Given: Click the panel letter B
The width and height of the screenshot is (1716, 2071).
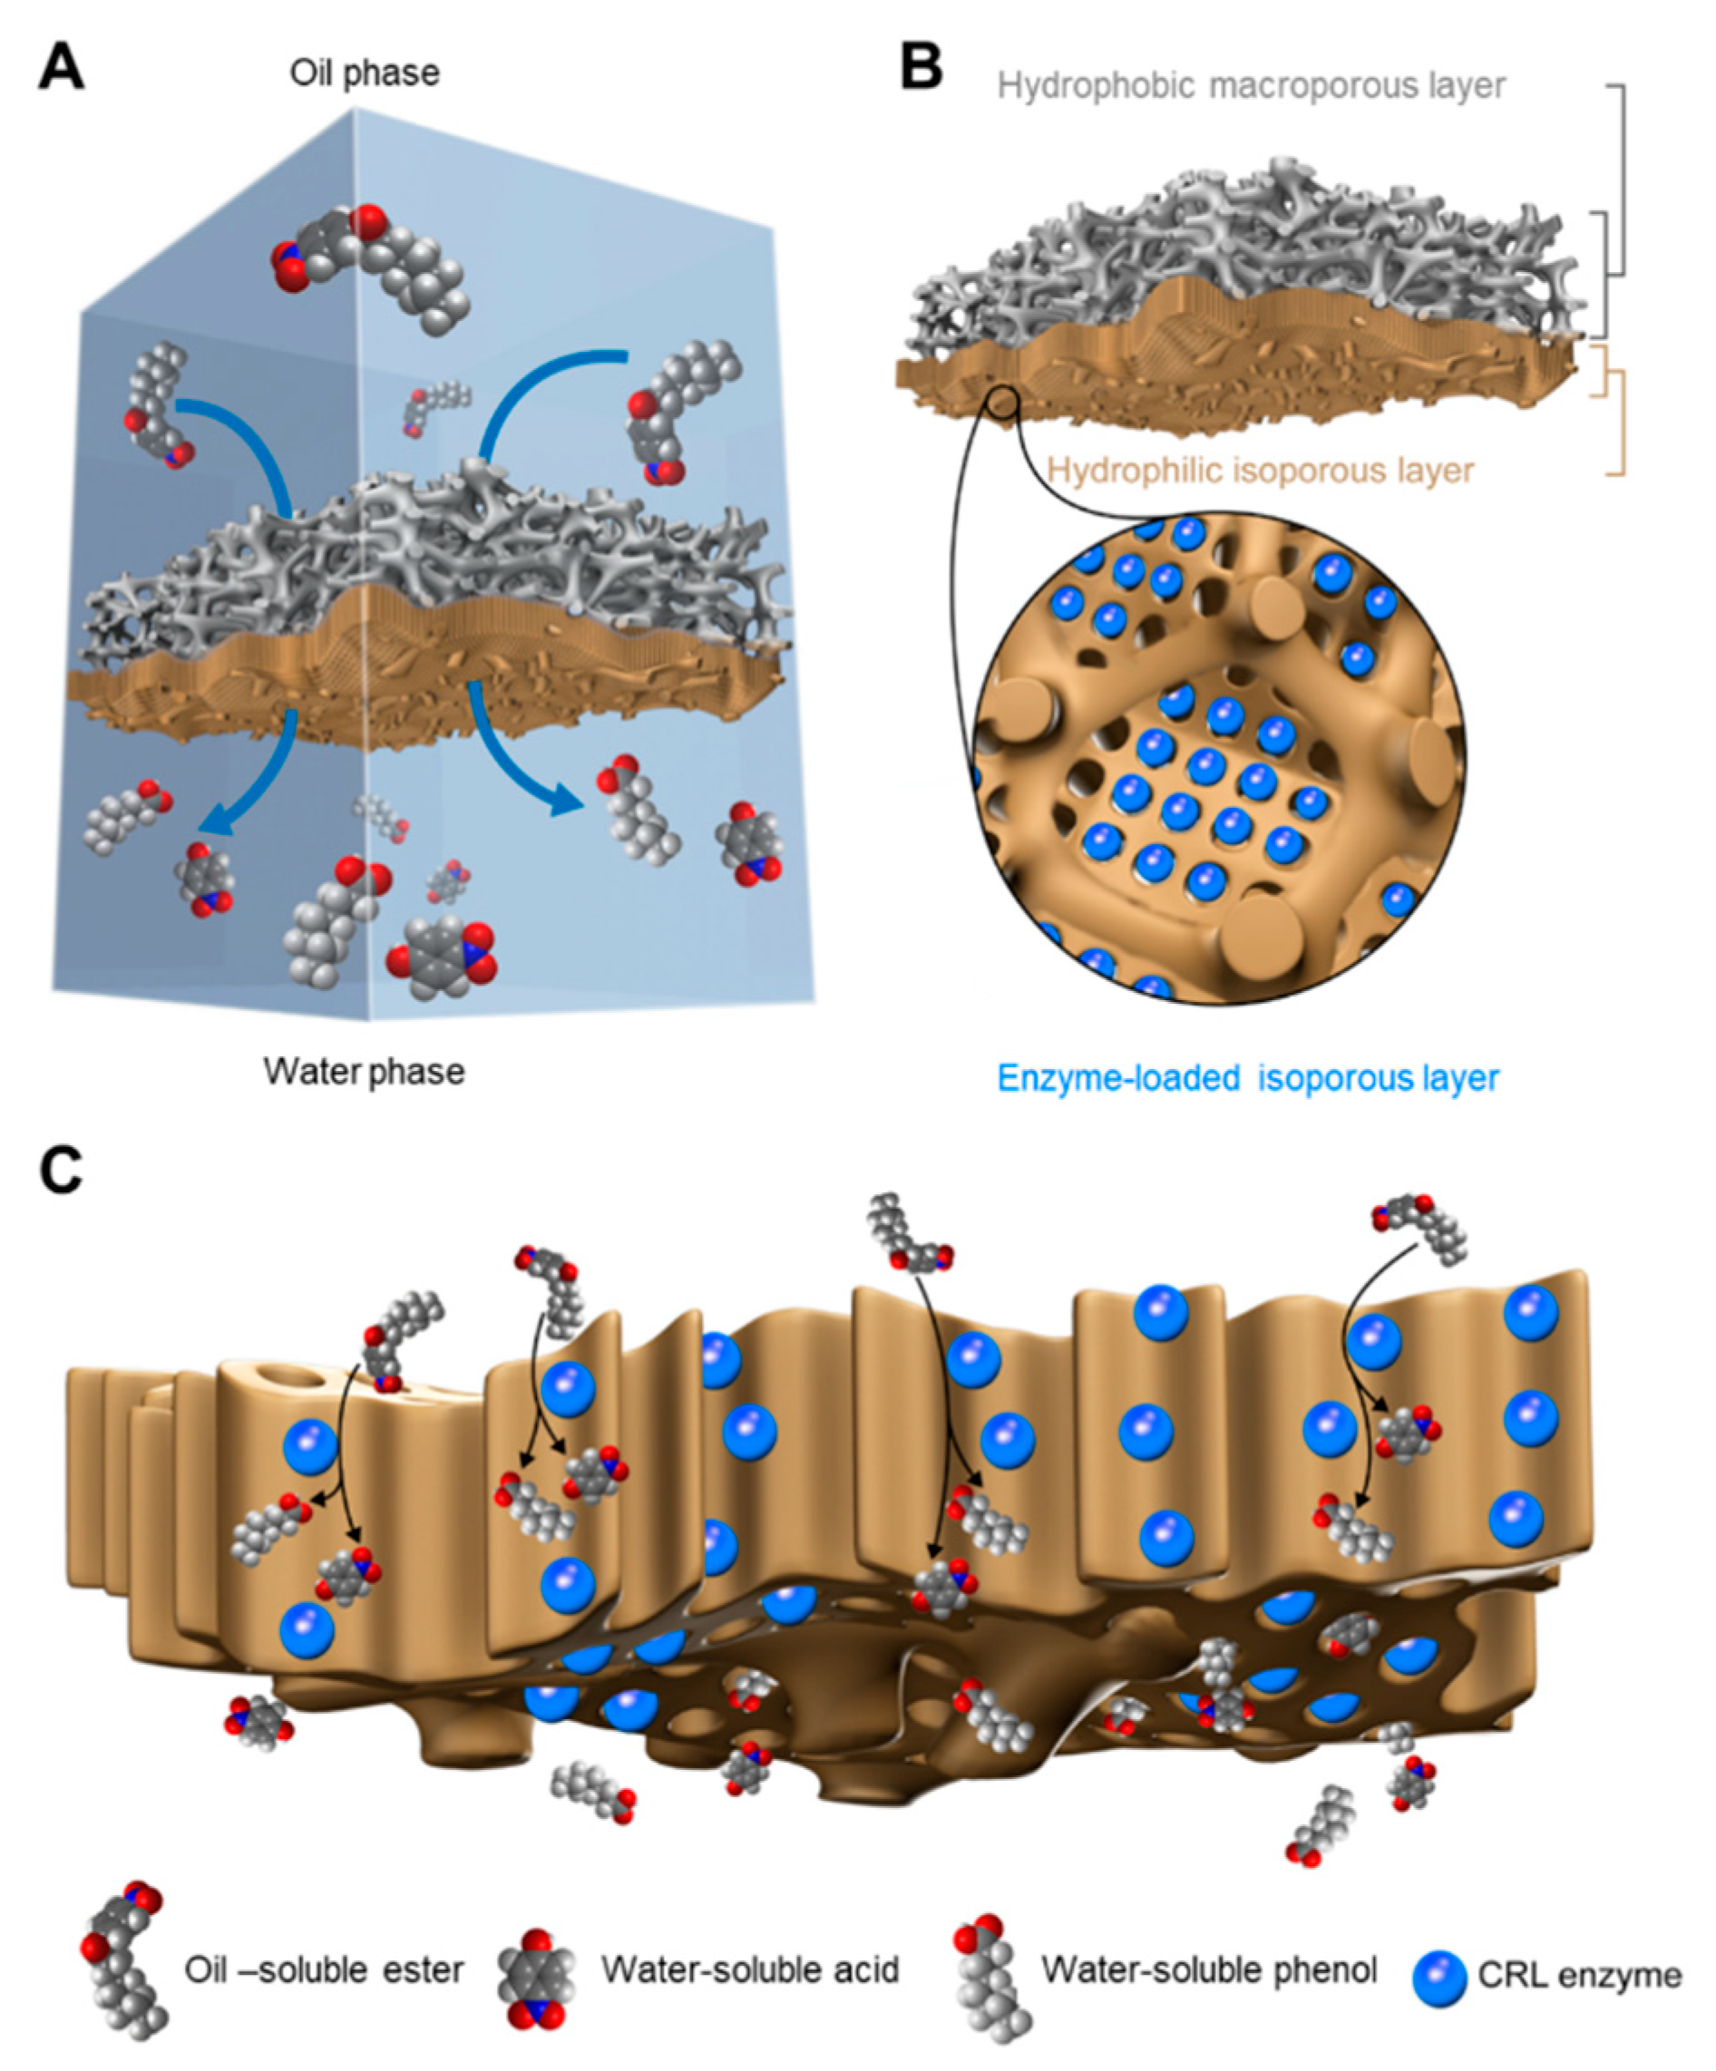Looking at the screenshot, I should [921, 68].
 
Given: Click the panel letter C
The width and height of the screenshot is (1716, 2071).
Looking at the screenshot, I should [61, 1171].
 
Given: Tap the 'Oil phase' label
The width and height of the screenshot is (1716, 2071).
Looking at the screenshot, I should [364, 73].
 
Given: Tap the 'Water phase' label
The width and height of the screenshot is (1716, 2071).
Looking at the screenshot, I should [364, 1071].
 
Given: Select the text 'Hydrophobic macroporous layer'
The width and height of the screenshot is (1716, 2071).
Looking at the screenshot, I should [1251, 87].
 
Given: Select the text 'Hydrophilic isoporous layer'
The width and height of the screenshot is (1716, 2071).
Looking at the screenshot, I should [1260, 471].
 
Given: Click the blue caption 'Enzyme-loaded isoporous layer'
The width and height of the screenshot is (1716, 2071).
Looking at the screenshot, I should [1248, 1078].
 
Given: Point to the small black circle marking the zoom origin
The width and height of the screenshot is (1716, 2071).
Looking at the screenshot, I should [1002, 402].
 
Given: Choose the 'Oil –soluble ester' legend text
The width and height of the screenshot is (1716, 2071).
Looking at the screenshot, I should [324, 1970].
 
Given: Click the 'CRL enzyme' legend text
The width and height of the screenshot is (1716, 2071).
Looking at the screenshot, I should [1579, 1976].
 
